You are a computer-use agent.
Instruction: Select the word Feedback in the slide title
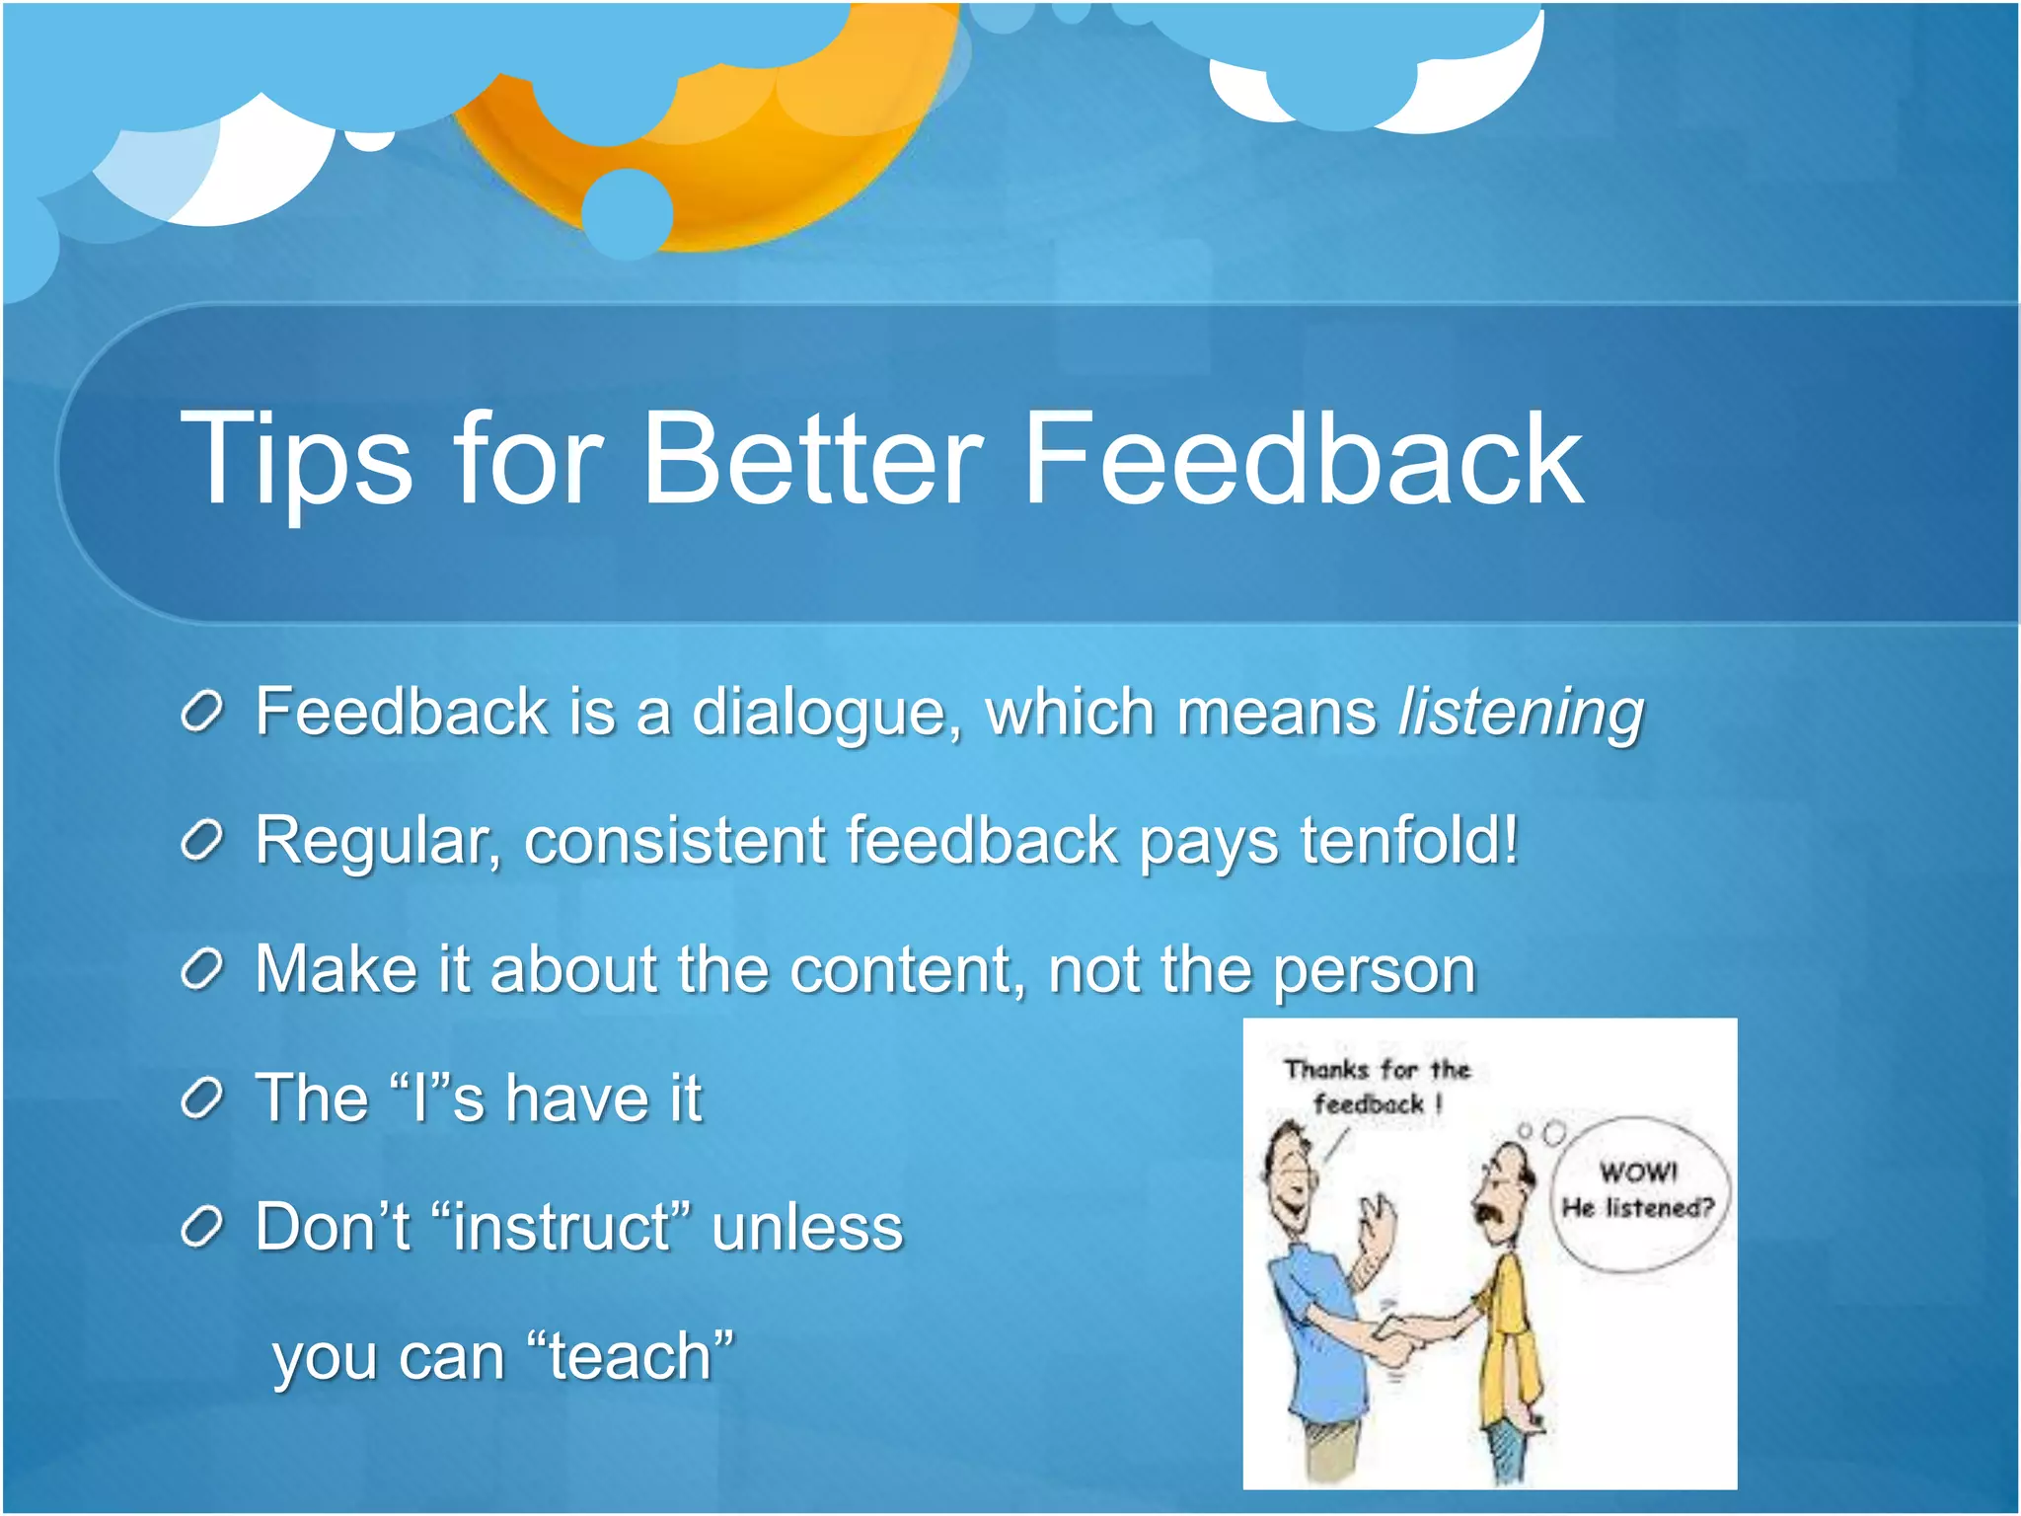pyautogui.click(x=1303, y=460)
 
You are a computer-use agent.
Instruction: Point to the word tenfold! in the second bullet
pyautogui.click(x=1409, y=841)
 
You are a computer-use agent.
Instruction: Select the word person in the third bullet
pyautogui.click(x=1375, y=971)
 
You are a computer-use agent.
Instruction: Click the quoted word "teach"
pyautogui.click(x=631, y=1356)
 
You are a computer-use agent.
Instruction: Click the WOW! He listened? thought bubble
pyautogui.click(x=1638, y=1192)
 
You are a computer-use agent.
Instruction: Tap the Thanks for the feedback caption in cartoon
pyautogui.click(x=1377, y=1087)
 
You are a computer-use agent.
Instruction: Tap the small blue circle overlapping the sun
pyautogui.click(x=628, y=213)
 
